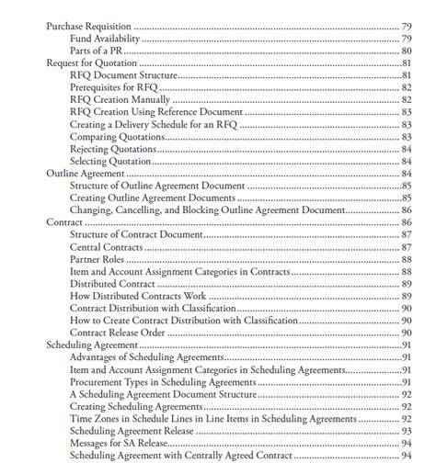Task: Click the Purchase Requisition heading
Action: pos(88,26)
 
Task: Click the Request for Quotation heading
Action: pos(91,62)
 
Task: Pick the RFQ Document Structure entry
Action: pos(122,75)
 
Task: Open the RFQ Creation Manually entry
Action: pos(120,99)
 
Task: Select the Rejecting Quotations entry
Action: pos(113,149)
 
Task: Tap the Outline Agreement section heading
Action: pos(86,174)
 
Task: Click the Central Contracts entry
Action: pos(104,247)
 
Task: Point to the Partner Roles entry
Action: pos(98,260)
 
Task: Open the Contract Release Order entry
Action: pos(118,333)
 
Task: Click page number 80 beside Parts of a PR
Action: pos(406,51)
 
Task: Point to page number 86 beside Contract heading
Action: pos(406,222)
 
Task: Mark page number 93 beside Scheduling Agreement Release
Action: pos(406,431)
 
